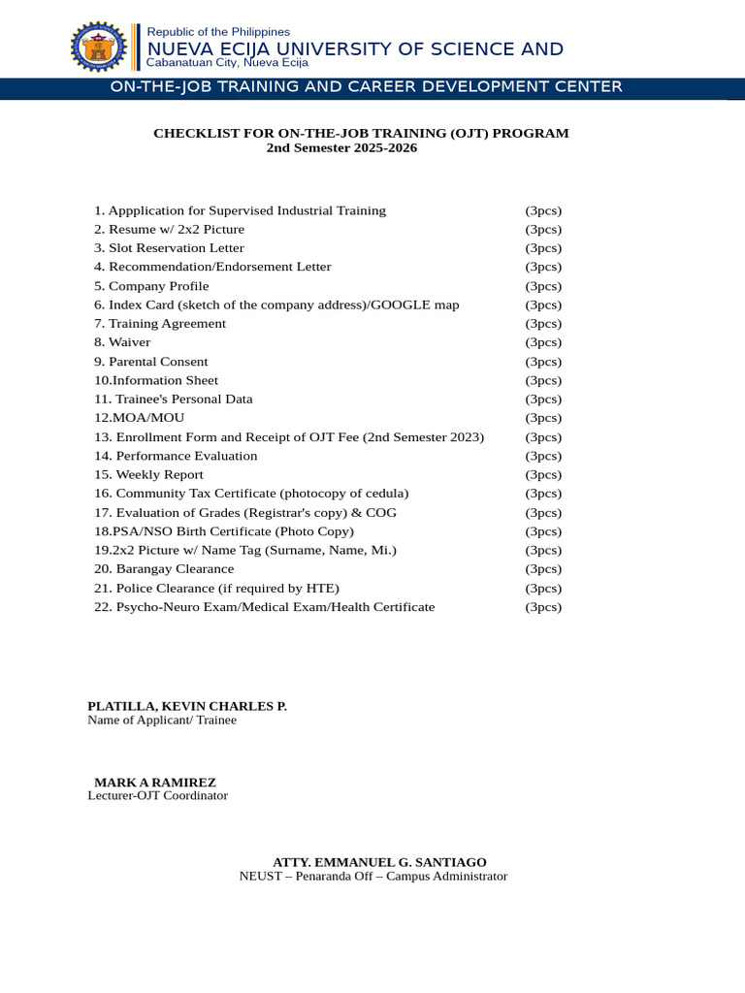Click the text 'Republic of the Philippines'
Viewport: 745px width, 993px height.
pyautogui.click(x=217, y=32)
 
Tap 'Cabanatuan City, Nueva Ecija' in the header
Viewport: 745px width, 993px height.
pyautogui.click(x=226, y=62)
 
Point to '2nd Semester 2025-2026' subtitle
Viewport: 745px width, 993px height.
pyautogui.click(x=328, y=148)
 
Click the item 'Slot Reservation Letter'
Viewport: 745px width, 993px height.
pyautogui.click(x=176, y=248)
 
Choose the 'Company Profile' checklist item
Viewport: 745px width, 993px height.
pyautogui.click(x=158, y=286)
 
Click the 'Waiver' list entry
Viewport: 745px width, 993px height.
pyautogui.click(x=129, y=342)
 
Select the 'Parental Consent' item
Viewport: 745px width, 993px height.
pyautogui.click(x=157, y=362)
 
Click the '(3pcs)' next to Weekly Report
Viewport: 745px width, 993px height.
pyautogui.click(x=543, y=475)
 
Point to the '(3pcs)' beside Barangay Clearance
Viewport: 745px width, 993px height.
pyautogui.click(x=543, y=569)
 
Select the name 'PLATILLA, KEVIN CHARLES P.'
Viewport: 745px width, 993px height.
pyautogui.click(x=187, y=706)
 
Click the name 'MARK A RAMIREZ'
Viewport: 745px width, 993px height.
pyautogui.click(x=155, y=783)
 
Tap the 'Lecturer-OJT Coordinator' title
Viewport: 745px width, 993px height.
pyautogui.click(x=158, y=796)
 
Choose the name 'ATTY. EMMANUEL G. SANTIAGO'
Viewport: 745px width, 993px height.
pyautogui.click(x=379, y=862)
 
